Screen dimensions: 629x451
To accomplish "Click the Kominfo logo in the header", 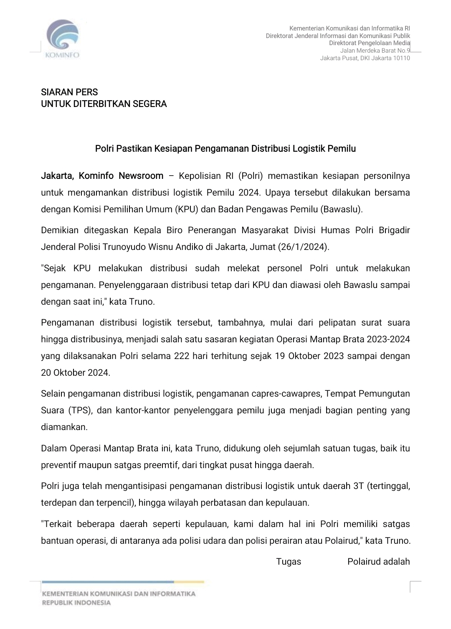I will [63, 38].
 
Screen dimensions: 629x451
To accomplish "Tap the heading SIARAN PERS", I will [69, 92].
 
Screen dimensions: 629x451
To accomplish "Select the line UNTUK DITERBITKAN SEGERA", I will [104, 104].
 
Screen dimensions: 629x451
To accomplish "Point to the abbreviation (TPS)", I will [79, 410].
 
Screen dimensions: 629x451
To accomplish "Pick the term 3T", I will [358, 486].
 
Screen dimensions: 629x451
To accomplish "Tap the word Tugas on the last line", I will [289, 561].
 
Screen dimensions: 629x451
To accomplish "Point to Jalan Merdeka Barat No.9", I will [375, 51].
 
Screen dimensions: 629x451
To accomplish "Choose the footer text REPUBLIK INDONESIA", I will [76, 602].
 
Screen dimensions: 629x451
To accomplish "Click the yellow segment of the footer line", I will [189, 581].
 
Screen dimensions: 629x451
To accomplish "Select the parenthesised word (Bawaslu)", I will [342, 209].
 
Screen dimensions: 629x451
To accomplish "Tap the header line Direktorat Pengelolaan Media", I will [369, 43].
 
